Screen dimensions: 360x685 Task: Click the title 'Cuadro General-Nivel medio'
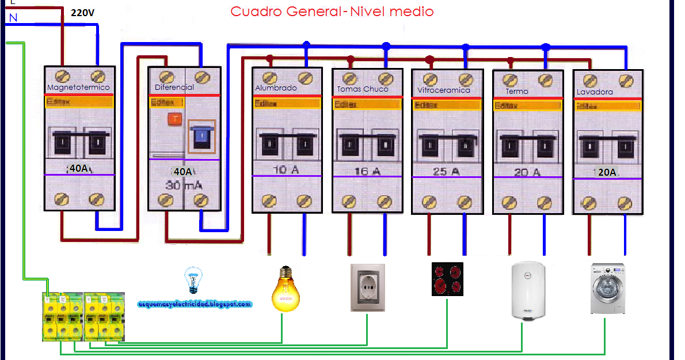click(332, 12)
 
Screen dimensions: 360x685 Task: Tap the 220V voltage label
click(82, 12)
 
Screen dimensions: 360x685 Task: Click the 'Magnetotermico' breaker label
click(78, 88)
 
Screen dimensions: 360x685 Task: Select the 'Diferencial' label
click(174, 88)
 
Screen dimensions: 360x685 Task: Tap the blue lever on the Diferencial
click(201, 136)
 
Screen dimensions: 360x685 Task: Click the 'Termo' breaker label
click(517, 91)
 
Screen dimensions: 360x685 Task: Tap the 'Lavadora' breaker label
click(595, 92)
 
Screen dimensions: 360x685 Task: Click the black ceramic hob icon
click(447, 279)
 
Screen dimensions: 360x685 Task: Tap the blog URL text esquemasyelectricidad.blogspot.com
click(195, 304)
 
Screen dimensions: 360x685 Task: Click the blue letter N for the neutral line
click(13, 18)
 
